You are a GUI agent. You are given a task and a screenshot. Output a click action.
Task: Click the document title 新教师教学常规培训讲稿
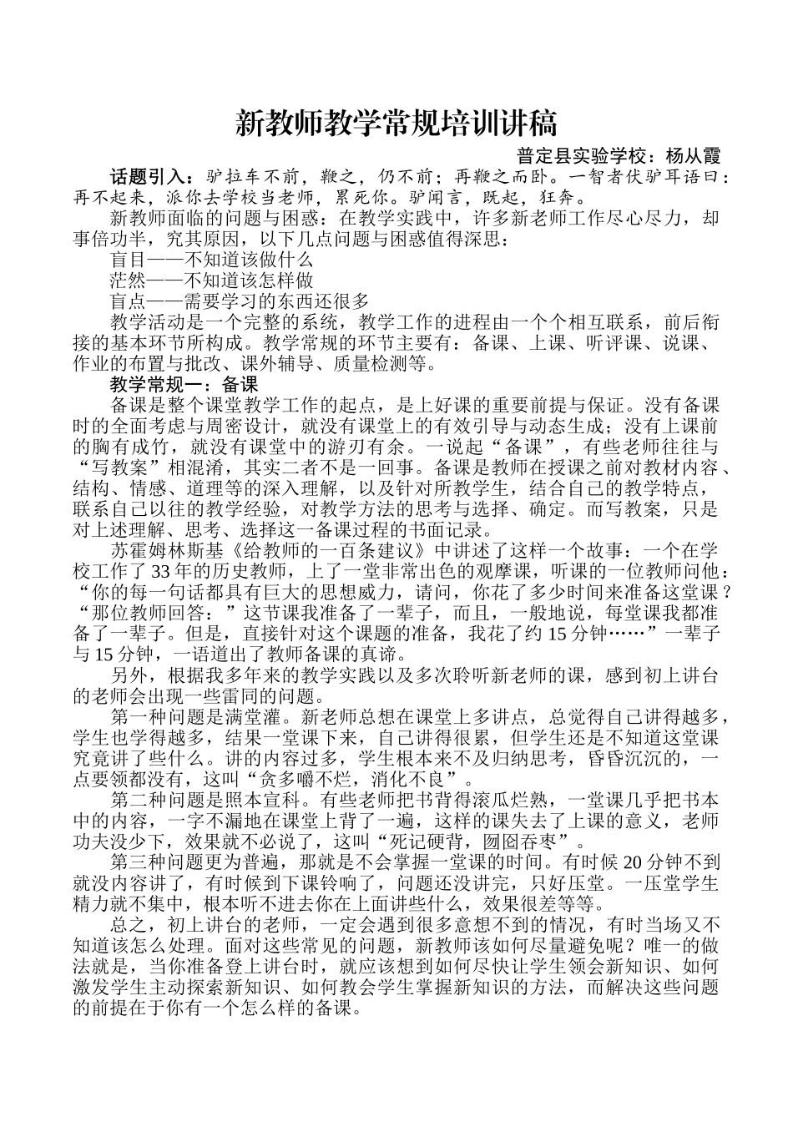pos(396,124)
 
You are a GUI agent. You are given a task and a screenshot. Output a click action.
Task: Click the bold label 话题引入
pos(147,177)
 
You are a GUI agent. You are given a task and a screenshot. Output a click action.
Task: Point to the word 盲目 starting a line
pos(128,260)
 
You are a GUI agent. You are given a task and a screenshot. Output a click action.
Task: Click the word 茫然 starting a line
pos(128,280)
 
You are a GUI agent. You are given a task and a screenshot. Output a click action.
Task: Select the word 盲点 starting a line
pos(128,301)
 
